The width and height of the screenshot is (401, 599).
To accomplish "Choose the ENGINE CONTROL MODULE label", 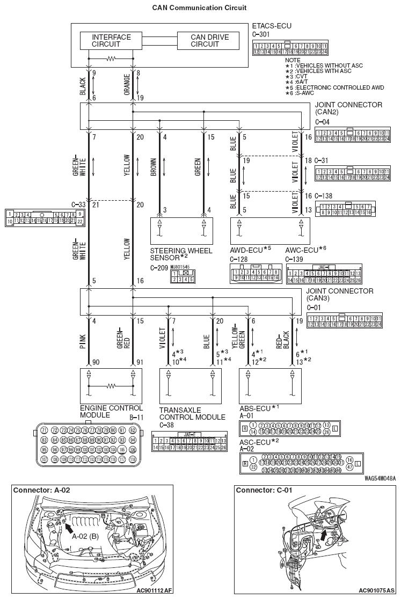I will point(111,412).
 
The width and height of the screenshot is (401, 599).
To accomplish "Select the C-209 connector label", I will point(159,267).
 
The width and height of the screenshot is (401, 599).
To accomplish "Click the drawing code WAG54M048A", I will point(380,477).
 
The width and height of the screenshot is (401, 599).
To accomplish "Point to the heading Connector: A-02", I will point(41,490).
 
